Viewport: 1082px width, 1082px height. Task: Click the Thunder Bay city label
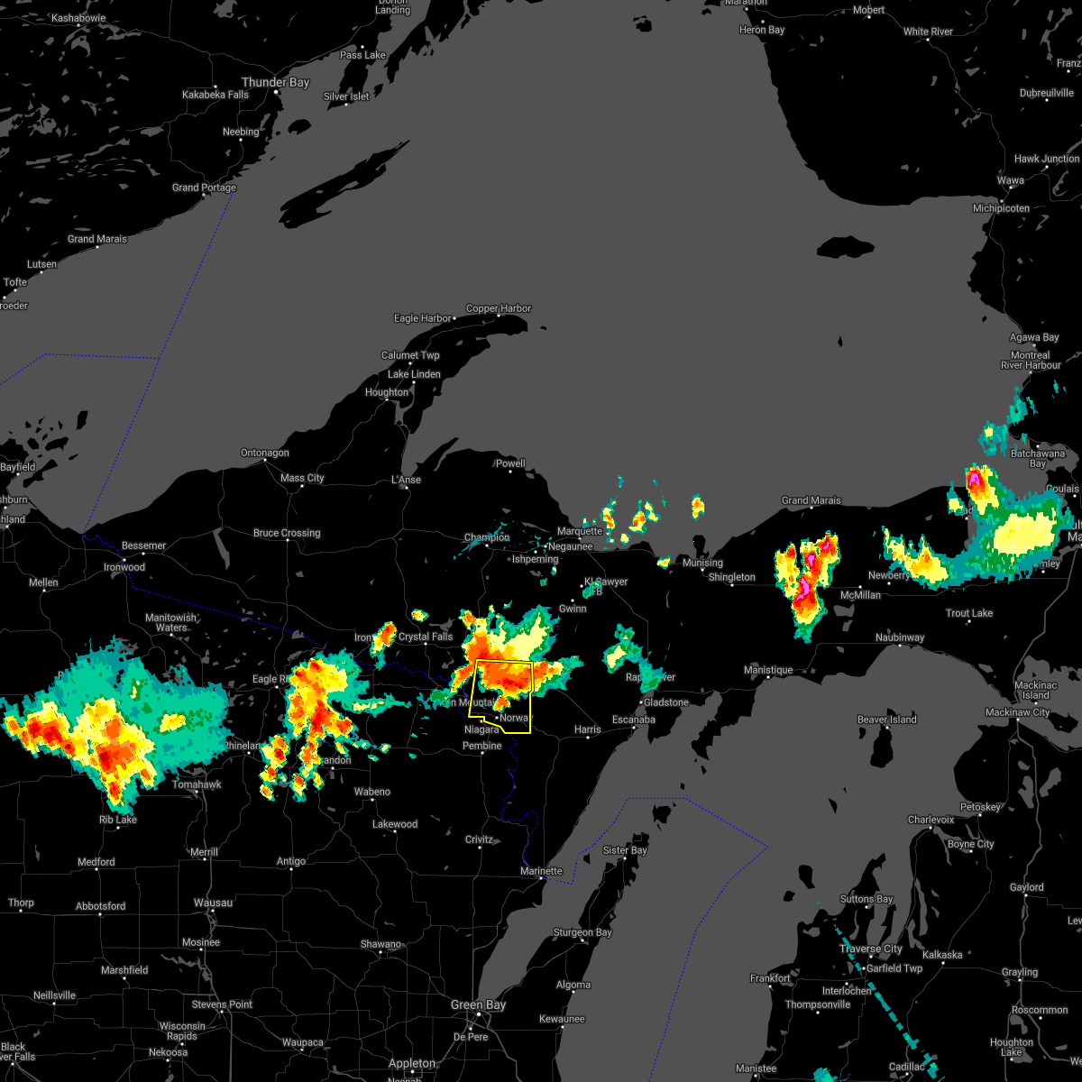[275, 82]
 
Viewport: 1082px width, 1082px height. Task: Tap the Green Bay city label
[479, 1004]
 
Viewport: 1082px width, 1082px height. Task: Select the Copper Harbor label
[499, 308]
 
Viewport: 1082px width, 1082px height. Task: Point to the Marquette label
[580, 531]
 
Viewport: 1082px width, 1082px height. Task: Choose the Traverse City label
[871, 949]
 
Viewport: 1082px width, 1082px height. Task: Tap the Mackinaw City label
[1017, 712]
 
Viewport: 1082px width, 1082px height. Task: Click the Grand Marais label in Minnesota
[97, 239]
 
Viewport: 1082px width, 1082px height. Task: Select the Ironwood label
[124, 567]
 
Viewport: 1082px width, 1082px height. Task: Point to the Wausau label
[213, 903]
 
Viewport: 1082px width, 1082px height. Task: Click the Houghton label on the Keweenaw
[387, 392]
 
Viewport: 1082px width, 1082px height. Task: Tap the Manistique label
[768, 670]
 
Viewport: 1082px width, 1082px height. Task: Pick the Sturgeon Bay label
[582, 932]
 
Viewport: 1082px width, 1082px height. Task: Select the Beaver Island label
[886, 720]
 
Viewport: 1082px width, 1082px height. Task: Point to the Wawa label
[1010, 180]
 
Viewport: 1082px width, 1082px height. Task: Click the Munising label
[702, 563]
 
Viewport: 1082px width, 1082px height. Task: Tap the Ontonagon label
[265, 453]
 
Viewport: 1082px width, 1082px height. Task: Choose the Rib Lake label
[118, 820]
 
